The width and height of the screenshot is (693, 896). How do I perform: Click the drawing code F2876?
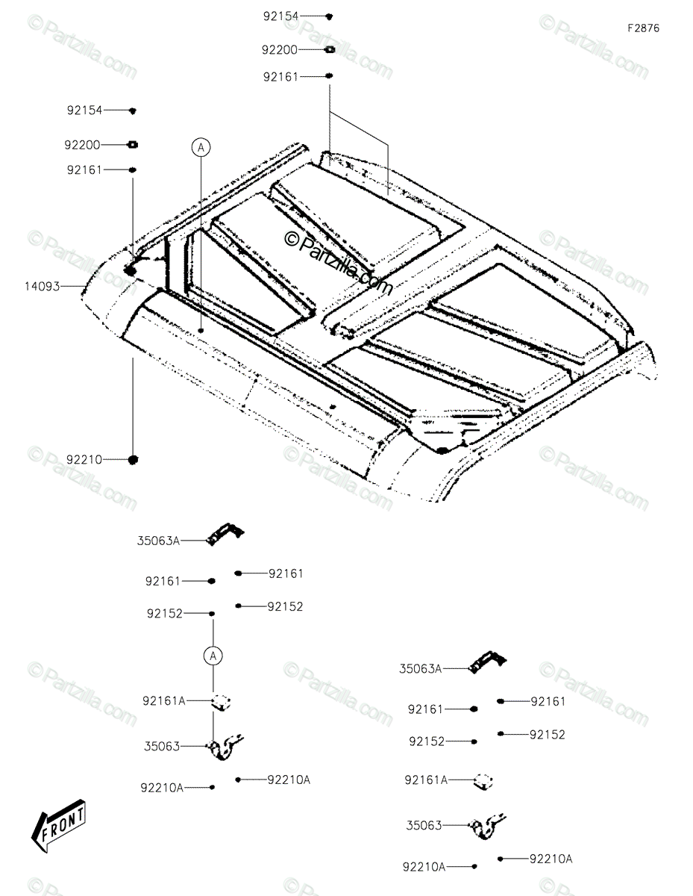point(643,28)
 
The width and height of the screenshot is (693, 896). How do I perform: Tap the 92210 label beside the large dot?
point(84,460)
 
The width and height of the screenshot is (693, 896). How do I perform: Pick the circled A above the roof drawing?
point(200,147)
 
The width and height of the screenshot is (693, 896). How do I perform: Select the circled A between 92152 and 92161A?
point(213,656)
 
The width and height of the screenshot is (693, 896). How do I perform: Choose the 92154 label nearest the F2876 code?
point(280,16)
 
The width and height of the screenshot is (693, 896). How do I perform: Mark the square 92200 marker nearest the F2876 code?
point(329,49)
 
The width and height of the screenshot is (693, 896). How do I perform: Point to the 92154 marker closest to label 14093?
point(133,111)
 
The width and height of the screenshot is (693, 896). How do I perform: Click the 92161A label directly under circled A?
point(164,700)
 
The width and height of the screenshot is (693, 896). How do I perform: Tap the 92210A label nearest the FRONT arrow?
point(161,787)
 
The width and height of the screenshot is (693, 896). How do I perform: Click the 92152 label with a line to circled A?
point(165,614)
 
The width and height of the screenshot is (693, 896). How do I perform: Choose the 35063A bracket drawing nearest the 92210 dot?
point(226,532)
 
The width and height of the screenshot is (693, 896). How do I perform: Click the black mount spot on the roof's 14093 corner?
point(130,270)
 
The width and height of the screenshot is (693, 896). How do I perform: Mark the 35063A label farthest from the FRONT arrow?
point(420,669)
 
